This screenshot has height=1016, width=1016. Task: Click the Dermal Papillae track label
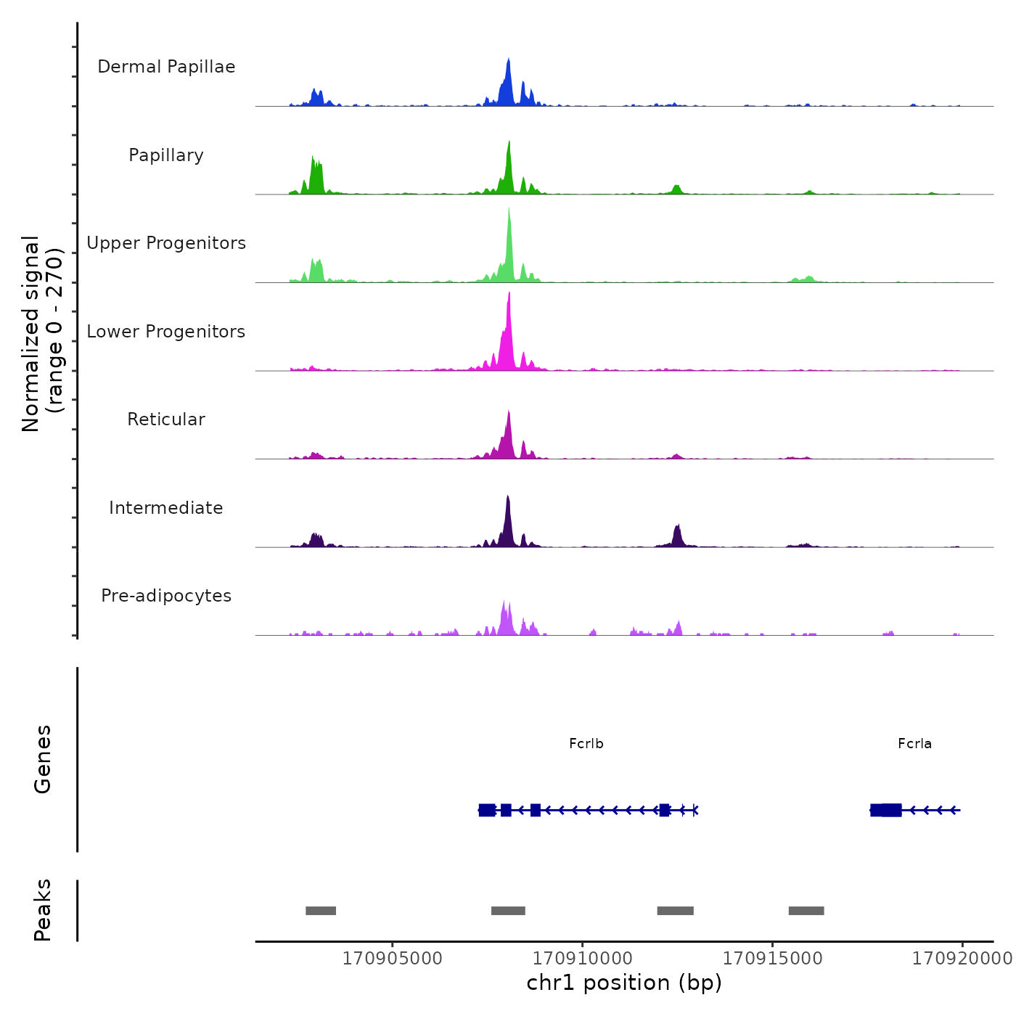[166, 67]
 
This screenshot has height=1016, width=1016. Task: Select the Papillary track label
[166, 155]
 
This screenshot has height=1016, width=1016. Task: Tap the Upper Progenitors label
[166, 243]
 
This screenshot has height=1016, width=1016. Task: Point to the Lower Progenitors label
[166, 332]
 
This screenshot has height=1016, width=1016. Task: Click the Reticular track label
[166, 419]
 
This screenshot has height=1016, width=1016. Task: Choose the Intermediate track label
[166, 508]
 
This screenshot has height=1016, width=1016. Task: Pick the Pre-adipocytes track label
[166, 596]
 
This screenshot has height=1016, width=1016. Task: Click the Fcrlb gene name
[586, 744]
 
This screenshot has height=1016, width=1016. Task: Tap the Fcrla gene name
[914, 744]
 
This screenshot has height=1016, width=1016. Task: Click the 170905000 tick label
[392, 958]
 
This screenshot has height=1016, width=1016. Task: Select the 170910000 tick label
[582, 958]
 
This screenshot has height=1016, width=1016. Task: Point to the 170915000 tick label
[772, 958]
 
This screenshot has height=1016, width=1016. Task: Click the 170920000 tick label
[962, 958]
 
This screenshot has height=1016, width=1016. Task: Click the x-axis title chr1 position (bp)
[624, 983]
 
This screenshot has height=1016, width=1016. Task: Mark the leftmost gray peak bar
[321, 911]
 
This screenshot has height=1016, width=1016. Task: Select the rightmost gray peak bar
[806, 911]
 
